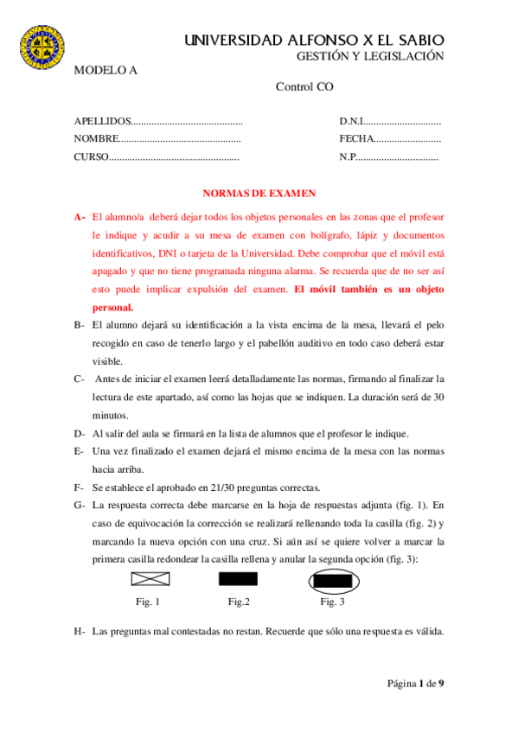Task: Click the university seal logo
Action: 42,49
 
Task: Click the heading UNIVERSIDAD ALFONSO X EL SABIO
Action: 314,40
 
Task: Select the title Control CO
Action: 304,86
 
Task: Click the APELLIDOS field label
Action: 103,122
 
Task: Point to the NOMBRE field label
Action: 96,138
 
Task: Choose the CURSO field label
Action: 91,156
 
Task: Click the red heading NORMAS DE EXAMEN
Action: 259,194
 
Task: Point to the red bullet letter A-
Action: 80,217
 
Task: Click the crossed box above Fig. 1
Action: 149,580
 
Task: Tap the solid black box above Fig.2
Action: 238,580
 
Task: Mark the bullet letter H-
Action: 80,631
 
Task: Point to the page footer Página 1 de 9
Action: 415,684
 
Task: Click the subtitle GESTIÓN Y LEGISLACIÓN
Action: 370,56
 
